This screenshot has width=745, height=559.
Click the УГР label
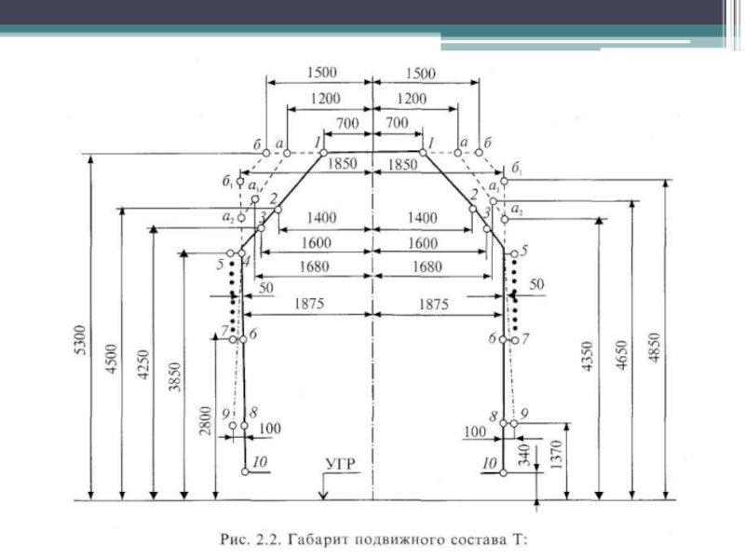[341, 464]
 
